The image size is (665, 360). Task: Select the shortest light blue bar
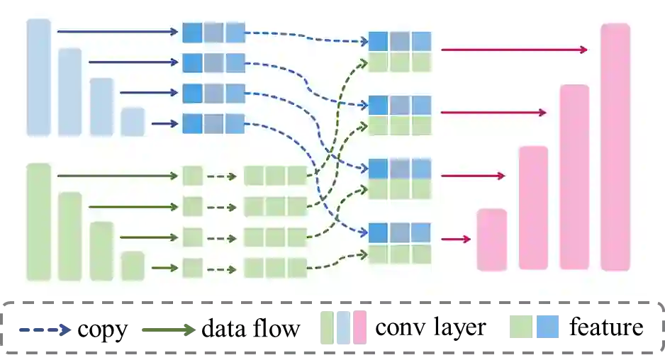coord(133,121)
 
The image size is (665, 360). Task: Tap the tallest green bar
coord(39,221)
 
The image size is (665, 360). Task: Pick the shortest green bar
coord(133,266)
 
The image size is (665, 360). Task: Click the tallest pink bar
coord(615,147)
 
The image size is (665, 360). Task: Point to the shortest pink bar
coord(491,240)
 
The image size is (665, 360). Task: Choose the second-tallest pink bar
coord(574,177)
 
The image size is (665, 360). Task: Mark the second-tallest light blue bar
coord(70,91)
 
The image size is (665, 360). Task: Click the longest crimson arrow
coord(514,50)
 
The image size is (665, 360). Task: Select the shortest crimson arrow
coord(456,240)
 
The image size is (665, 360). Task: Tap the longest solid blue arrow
coord(117,32)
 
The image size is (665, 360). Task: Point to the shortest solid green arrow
coord(164,268)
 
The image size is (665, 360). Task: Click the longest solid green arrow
coord(117,176)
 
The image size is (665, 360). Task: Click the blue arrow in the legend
coord(45,329)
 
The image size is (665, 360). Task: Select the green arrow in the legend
coord(169,329)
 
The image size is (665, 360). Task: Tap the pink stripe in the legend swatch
coord(360,326)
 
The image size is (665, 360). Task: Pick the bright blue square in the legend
coord(547,326)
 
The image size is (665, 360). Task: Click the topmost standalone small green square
coord(192,176)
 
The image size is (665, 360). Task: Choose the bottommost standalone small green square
coord(192,268)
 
